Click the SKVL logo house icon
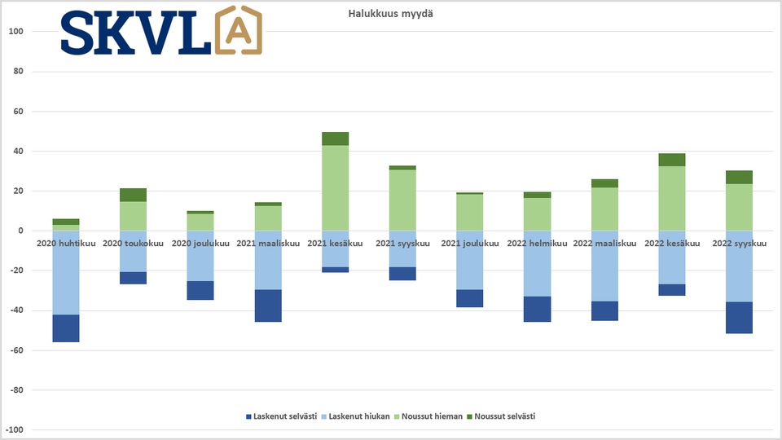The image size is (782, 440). pos(239,32)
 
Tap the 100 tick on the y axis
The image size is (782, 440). pos(17,32)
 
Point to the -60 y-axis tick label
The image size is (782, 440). pos(17,350)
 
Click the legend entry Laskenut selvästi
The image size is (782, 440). pos(282,416)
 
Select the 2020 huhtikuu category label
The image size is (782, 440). pos(66,243)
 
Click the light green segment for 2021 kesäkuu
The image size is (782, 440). pos(336,188)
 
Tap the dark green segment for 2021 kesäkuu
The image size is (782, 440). pos(336,139)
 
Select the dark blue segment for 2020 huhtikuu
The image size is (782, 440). pos(66,328)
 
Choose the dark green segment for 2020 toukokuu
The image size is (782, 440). pos(134,195)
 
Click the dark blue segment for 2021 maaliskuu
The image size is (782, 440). pos(268,306)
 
